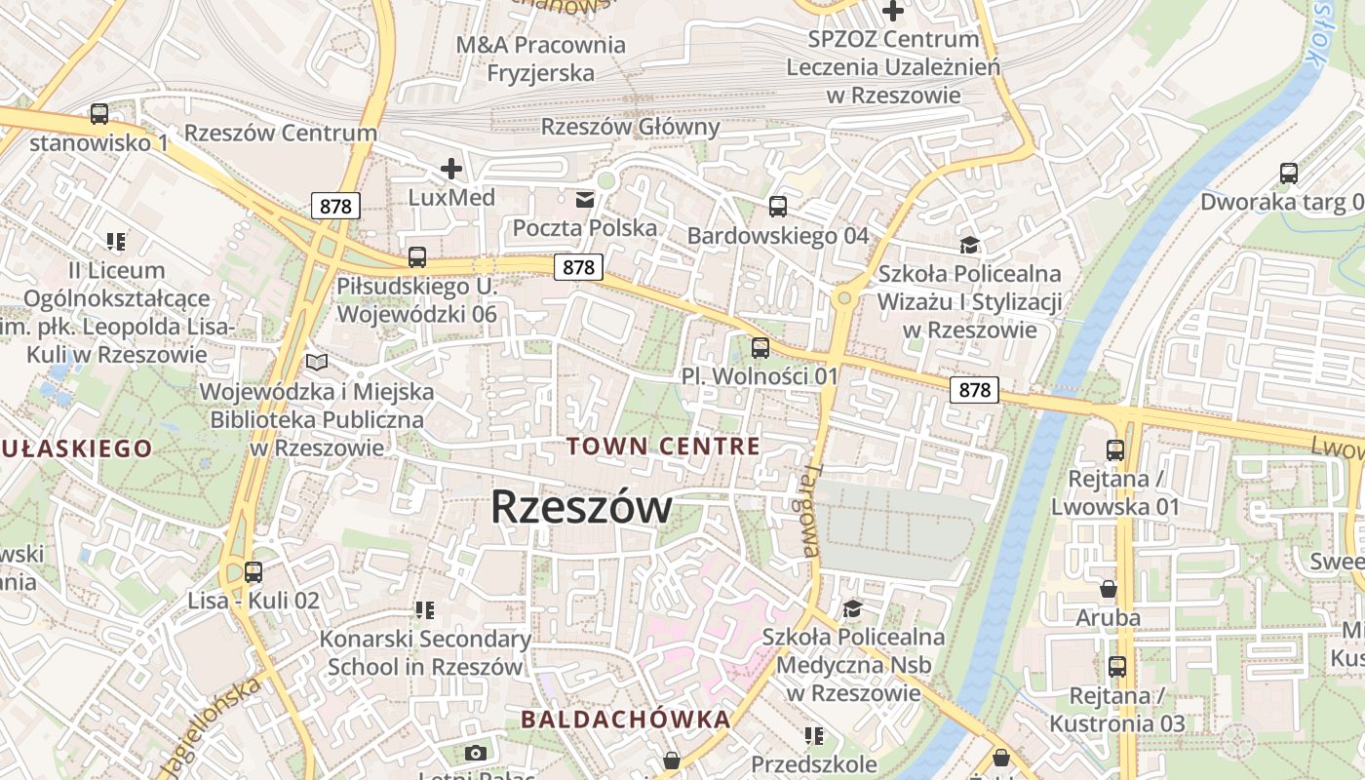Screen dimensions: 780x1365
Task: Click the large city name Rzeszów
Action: [581, 507]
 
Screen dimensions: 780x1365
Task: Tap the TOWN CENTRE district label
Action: [663, 447]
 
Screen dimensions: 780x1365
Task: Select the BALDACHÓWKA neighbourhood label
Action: [625, 720]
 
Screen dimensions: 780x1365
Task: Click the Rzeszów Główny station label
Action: [630, 127]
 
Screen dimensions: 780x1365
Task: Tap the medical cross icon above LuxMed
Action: [450, 169]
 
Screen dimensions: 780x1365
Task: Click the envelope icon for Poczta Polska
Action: [585, 200]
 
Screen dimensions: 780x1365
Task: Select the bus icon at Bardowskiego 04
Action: [777, 207]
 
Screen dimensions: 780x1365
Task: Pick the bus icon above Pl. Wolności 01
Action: [760, 347]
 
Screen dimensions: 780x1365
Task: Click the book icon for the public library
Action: [317, 362]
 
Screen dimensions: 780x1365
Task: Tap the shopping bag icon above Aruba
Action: [1108, 589]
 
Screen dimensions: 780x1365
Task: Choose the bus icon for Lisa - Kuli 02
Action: [253, 572]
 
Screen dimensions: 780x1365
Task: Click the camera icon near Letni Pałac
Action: [476, 753]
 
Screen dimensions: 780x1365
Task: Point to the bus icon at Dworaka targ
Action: [1289, 174]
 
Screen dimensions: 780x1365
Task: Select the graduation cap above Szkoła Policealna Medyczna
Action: [853, 608]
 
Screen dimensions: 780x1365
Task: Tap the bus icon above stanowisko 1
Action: [99, 114]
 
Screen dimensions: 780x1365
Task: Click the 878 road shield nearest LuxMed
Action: [336, 206]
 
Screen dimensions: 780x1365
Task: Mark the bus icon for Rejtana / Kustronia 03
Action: [1117, 667]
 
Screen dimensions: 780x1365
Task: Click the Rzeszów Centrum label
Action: [281, 134]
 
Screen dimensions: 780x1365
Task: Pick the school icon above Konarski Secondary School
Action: [424, 610]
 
